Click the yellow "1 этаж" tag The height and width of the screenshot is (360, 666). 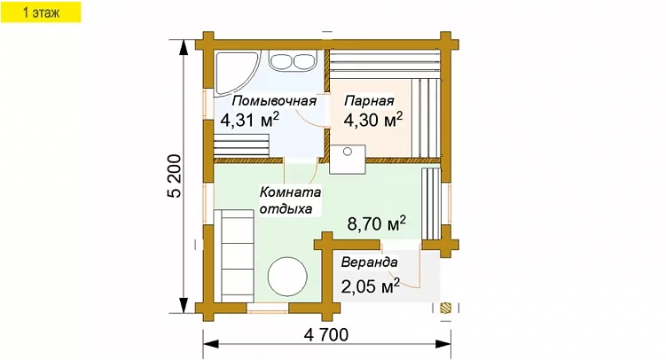coord(41,12)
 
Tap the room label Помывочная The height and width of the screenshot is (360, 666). coord(274,101)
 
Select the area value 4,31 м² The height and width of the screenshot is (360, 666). coord(250,120)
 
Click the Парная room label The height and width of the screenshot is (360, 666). coord(369,101)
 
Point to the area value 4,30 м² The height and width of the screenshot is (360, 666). coord(373,120)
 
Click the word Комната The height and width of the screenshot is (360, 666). coord(291,192)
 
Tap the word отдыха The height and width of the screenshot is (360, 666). coord(286,209)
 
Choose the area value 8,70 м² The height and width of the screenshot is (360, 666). coord(376,223)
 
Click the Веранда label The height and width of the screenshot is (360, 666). coord(370,262)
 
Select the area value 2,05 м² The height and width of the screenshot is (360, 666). coord(371,286)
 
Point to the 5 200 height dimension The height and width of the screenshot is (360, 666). coord(174,176)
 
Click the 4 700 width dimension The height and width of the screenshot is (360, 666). coord(326,335)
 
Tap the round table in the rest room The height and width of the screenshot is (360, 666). coord(287,277)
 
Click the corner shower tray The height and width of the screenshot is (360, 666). coord(231,71)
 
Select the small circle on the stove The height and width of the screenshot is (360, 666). coord(348,152)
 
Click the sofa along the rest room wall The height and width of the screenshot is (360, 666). coord(234,255)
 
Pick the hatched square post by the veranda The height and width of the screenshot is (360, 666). coord(445,308)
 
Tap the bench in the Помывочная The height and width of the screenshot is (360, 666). coord(241,145)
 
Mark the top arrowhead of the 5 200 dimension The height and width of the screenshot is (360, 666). coord(184,47)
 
